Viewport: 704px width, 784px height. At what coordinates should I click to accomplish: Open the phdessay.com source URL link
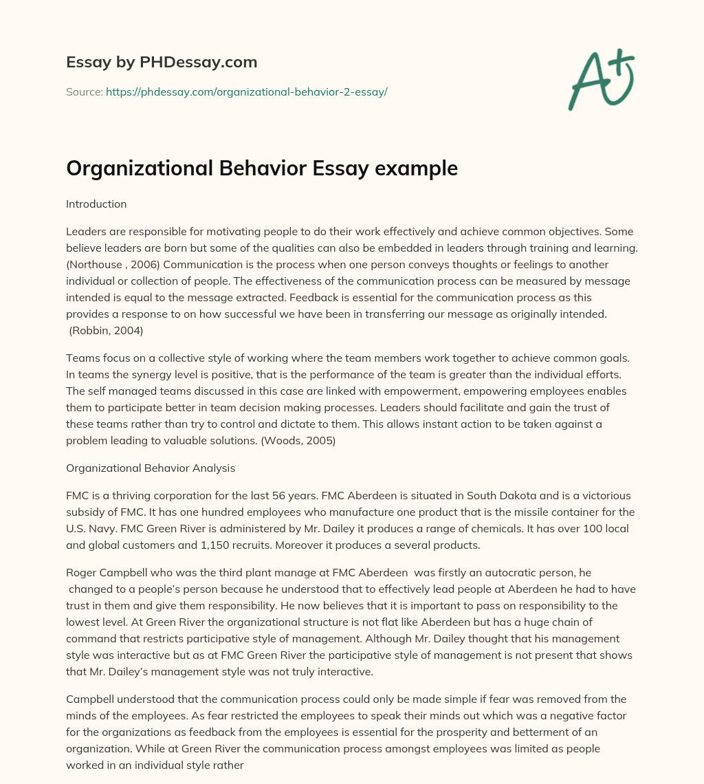tap(246, 91)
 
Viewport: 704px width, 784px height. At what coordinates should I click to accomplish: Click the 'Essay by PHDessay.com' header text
tap(162, 63)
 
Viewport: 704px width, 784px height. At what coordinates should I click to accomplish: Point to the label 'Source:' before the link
tap(84, 91)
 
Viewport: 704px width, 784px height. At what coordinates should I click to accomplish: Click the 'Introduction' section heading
tap(96, 204)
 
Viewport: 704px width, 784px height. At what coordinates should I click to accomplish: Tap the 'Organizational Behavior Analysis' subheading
tap(151, 468)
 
